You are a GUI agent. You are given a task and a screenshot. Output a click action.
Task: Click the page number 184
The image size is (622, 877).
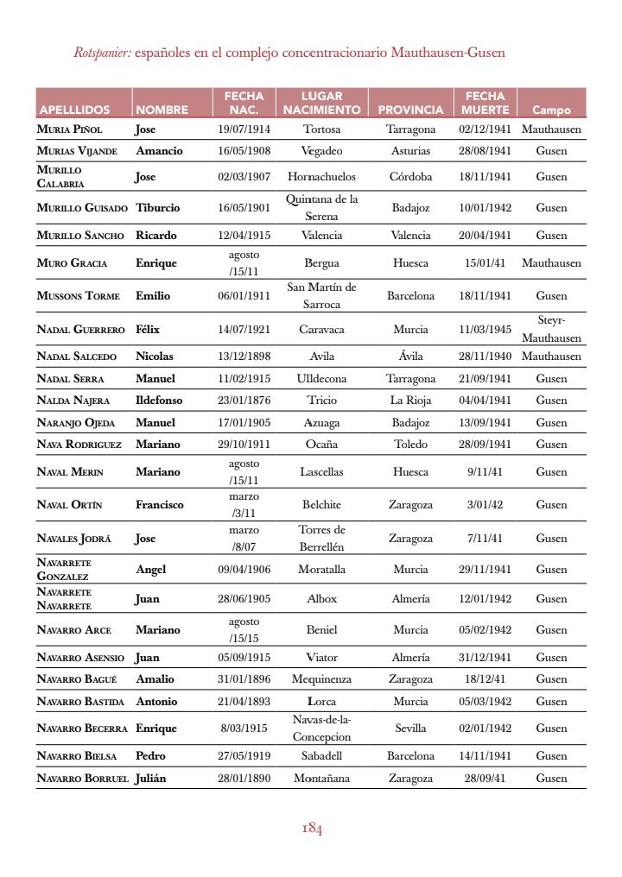click(x=312, y=830)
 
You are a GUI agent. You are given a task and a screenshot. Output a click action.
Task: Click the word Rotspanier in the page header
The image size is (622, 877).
click(x=101, y=54)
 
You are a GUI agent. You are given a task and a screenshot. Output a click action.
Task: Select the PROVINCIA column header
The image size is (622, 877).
click(x=410, y=110)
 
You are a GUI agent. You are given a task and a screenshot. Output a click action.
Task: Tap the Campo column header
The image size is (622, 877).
click(x=551, y=110)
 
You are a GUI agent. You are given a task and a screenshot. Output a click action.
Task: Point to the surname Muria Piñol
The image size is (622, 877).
click(x=70, y=129)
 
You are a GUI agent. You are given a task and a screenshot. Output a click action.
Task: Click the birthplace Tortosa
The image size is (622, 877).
click(x=322, y=129)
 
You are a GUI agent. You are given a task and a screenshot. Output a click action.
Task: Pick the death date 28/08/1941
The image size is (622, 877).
click(x=485, y=151)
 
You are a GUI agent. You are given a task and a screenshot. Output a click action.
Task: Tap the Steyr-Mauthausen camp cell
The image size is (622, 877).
click(x=551, y=329)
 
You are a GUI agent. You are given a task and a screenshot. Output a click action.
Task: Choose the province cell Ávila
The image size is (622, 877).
click(x=410, y=356)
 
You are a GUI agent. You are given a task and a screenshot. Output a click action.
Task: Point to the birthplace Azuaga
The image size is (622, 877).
click(x=322, y=423)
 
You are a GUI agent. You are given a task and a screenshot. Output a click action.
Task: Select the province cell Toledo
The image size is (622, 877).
click(x=410, y=445)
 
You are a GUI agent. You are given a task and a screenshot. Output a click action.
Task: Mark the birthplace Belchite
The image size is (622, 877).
click(x=322, y=505)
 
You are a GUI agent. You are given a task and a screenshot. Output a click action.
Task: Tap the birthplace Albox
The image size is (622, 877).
click(x=322, y=599)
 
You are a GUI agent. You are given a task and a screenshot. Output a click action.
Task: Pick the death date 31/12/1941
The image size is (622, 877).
click(x=485, y=658)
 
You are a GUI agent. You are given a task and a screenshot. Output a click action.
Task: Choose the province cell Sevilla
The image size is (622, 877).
click(x=410, y=729)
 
